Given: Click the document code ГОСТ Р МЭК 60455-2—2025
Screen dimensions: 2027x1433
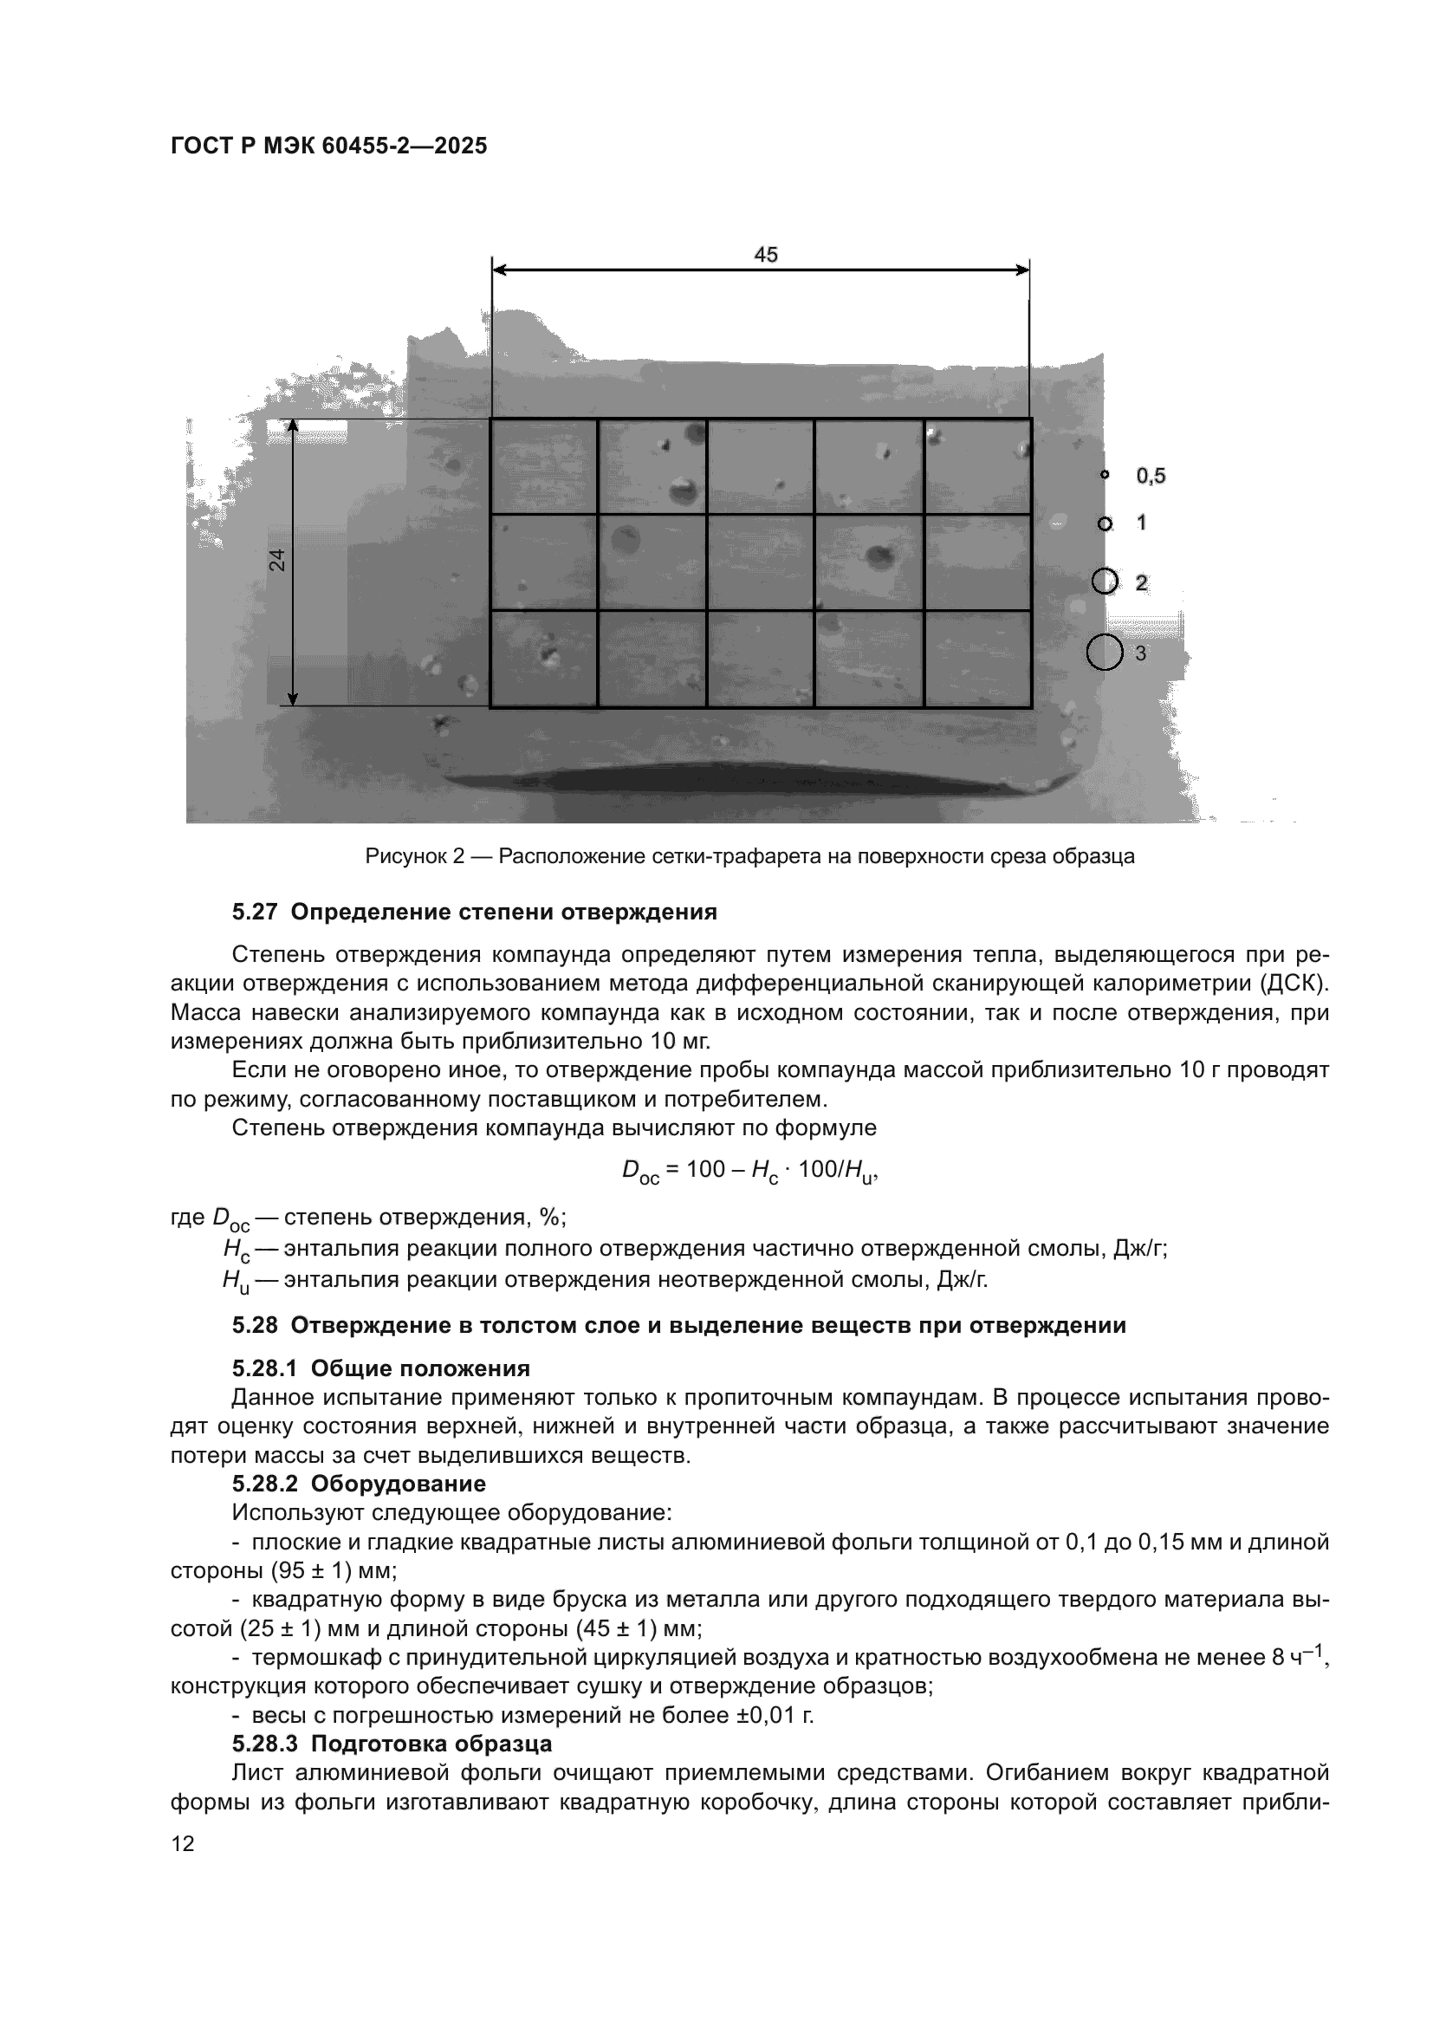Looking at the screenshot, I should [x=328, y=146].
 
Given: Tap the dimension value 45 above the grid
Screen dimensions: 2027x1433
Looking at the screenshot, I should [x=765, y=255].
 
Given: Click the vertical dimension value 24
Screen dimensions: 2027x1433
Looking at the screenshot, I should [x=278, y=560].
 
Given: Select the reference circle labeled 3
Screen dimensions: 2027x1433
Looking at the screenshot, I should [x=1104, y=653].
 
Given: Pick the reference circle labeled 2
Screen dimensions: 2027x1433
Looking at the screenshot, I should [x=1105, y=581].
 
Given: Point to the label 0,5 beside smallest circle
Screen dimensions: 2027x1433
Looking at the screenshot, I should [x=1150, y=477].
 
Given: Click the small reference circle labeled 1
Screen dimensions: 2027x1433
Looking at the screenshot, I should [x=1105, y=524].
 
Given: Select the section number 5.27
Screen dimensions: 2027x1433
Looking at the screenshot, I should [x=255, y=912].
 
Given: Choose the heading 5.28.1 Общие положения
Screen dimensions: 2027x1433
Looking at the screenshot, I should [x=380, y=1369].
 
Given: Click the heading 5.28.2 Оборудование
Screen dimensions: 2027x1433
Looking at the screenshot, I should [x=359, y=1483].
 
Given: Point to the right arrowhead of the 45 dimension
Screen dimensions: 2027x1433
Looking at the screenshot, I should [x=1023, y=270].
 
